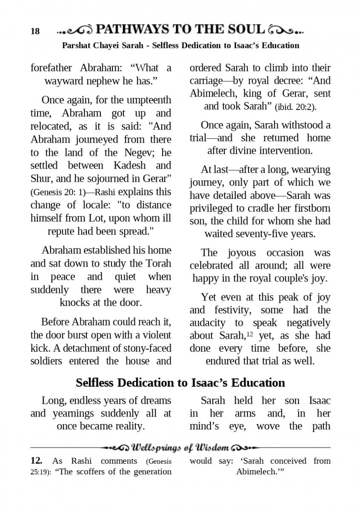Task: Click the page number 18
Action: pos(35,32)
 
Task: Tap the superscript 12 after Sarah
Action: pos(250,334)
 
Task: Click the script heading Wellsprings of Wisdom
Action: pos(181,448)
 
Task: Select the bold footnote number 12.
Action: pos(36,461)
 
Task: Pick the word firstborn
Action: pos(311,209)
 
